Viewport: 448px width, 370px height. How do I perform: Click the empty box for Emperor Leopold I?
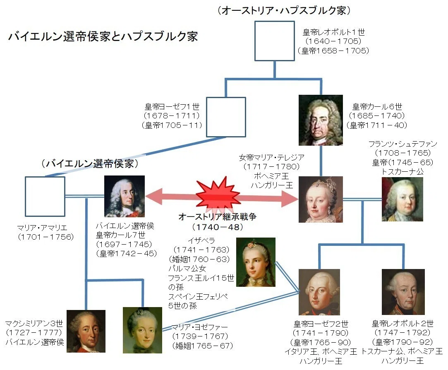275,41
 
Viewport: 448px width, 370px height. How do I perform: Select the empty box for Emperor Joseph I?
226,117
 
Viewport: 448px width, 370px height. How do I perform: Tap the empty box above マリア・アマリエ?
45,197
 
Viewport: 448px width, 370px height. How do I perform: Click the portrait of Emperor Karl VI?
321,120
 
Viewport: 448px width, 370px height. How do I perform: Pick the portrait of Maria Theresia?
321,199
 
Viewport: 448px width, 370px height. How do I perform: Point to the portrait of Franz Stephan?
402,199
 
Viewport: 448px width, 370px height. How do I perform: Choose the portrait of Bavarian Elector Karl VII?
124,196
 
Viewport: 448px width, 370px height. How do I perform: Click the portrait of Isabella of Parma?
256,262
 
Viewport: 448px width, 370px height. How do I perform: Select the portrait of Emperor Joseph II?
319,292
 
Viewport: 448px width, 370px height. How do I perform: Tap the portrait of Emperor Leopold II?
403,292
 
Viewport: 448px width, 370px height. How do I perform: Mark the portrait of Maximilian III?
86,331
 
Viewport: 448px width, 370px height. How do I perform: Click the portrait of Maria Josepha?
142,330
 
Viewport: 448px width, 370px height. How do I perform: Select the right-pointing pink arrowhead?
290,198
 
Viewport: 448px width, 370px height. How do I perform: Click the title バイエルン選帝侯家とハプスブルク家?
103,36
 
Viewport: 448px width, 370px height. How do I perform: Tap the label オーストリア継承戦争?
218,217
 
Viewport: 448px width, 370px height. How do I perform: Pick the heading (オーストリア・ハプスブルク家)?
284,10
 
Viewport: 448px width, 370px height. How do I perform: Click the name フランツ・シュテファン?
402,144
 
